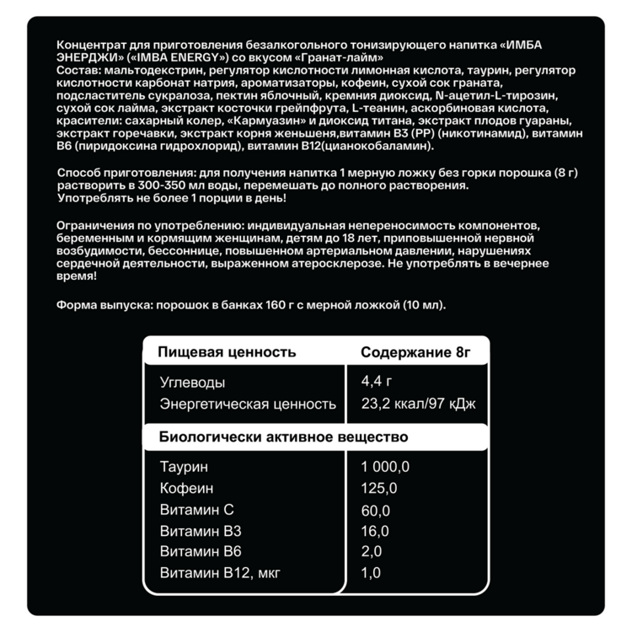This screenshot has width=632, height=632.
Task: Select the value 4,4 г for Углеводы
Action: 377,381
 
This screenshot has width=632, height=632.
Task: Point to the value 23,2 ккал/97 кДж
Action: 418,404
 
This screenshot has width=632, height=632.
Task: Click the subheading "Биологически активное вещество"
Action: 283,436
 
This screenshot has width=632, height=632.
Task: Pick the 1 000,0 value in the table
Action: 385,467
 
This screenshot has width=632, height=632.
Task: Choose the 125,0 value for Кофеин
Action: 379,489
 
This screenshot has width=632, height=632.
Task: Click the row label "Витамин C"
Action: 195,510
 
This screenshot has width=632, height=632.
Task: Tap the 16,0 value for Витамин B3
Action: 375,531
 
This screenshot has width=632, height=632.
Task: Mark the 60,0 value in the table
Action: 376,510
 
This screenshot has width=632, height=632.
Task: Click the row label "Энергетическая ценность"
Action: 248,404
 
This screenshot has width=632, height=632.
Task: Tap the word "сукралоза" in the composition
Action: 167,96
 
